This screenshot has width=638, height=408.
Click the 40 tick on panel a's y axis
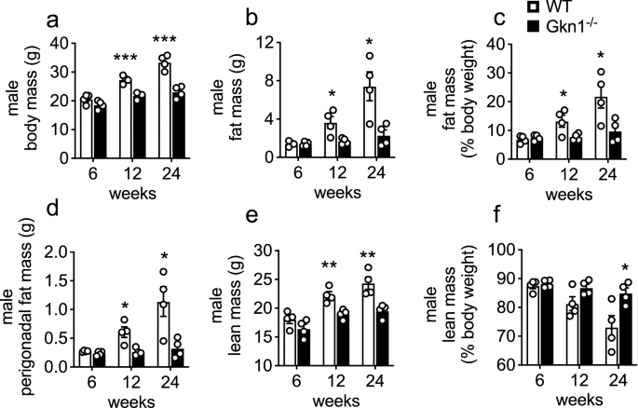pos(68,43)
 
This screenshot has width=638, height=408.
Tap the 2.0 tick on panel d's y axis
pos(62,252)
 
